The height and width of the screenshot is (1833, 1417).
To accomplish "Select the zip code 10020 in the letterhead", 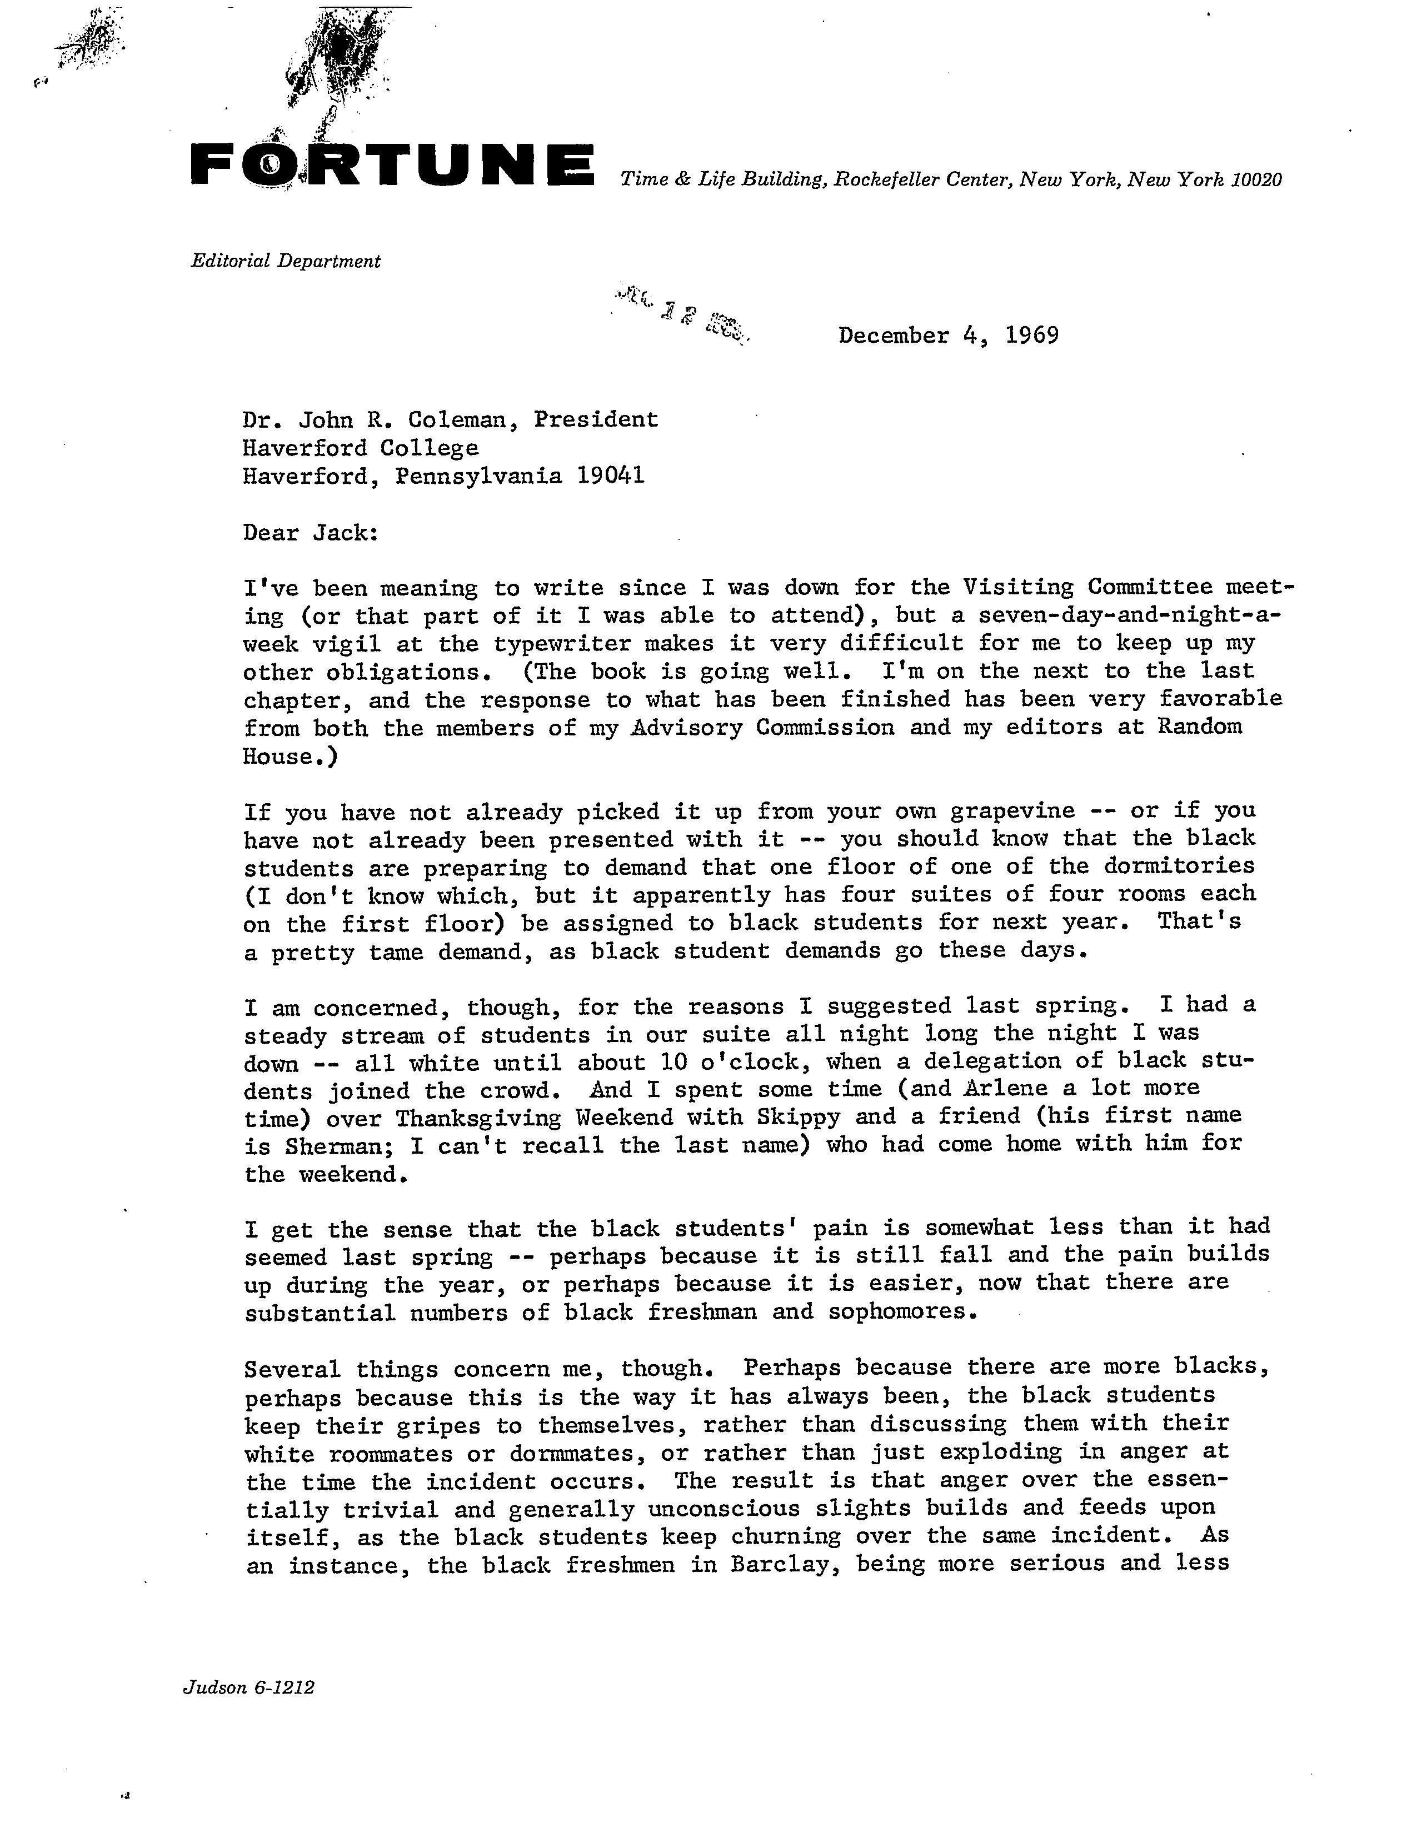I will (x=1256, y=179).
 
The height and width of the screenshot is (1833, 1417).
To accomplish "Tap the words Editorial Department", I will (x=286, y=261).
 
